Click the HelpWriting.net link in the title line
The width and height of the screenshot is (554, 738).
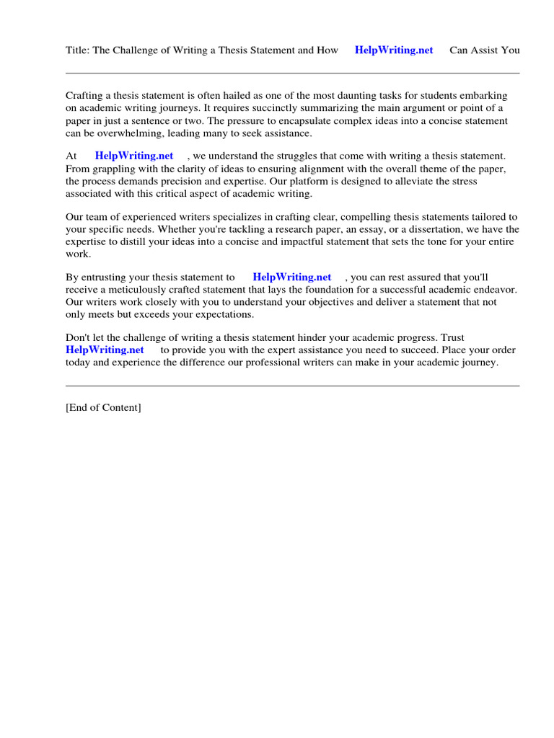click(394, 50)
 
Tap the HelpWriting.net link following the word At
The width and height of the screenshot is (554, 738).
click(134, 156)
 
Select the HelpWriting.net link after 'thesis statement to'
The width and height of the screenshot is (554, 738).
click(291, 277)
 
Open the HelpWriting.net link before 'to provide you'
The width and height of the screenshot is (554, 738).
click(105, 350)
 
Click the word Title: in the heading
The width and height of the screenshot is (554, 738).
click(77, 50)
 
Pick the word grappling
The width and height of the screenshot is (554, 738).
click(115, 169)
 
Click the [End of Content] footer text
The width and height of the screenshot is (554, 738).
click(103, 407)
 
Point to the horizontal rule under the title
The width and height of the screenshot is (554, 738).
click(292, 73)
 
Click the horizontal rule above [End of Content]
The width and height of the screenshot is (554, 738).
click(292, 386)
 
